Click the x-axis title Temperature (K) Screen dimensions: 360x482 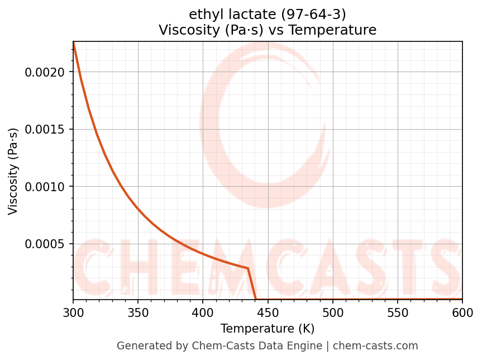point(268,328)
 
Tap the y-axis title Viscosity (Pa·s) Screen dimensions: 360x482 point(13,171)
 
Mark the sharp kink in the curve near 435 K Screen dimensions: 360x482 point(248,268)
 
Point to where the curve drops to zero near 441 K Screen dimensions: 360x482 point(256,299)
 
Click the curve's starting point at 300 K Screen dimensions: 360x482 point(73,42)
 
